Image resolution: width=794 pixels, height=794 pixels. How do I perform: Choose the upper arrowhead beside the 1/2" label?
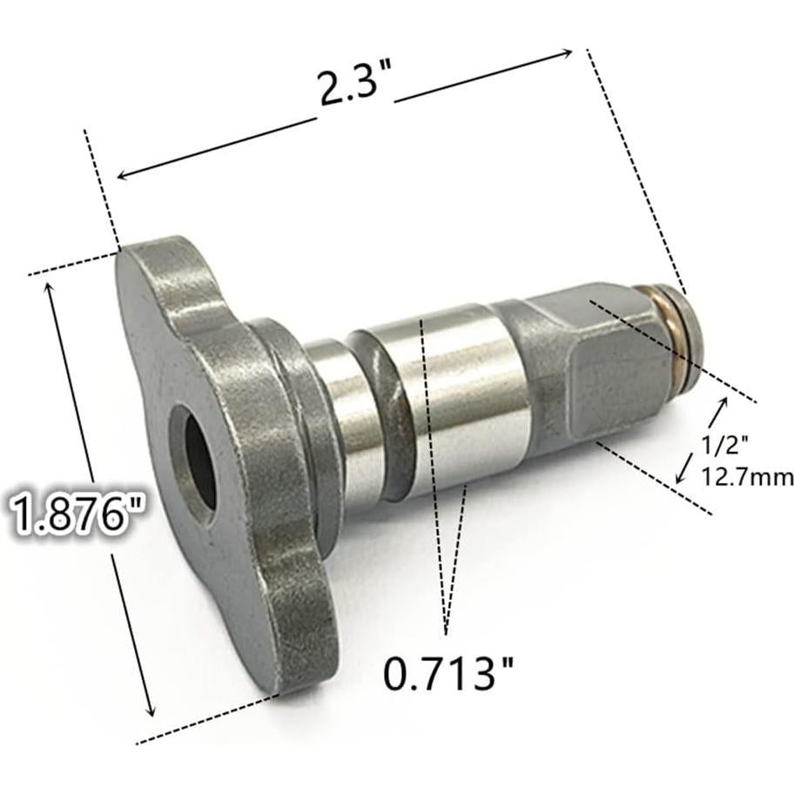[x=722, y=403]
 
